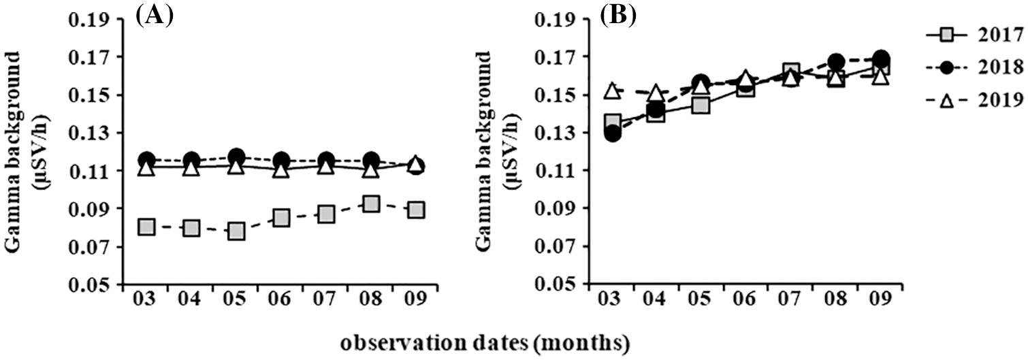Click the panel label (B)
pos(617,14)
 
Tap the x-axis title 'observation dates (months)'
pos(514,342)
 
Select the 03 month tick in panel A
pos(146,300)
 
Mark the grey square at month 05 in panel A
pos(236,231)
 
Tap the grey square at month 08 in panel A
pos(371,203)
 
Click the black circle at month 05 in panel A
pos(236,156)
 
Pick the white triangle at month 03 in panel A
pos(146,167)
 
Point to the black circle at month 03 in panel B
pos(612,133)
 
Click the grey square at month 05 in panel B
pos(701,105)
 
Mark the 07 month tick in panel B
pos(791,300)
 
